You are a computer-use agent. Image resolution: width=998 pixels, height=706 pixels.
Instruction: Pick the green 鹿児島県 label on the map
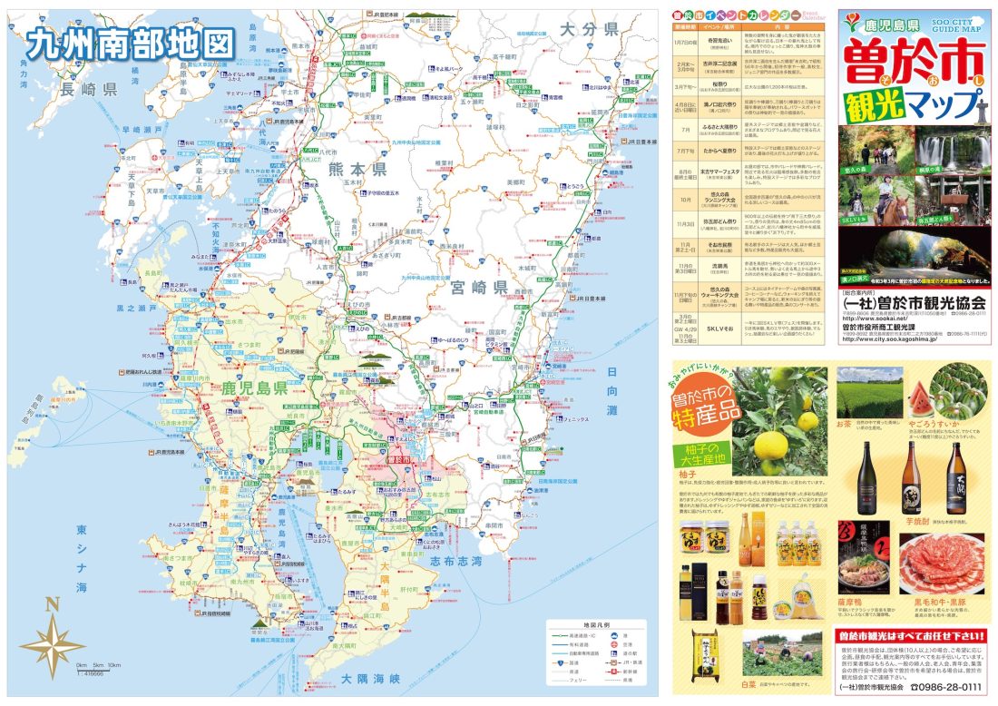pyautogui.click(x=254, y=388)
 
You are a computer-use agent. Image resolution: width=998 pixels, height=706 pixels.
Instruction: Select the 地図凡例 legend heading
pyautogui.click(x=596, y=625)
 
